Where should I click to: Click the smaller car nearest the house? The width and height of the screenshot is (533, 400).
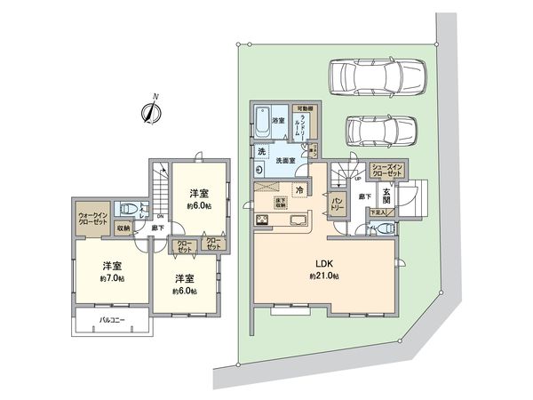[377, 131]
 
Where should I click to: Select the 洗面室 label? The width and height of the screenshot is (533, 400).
[285, 161]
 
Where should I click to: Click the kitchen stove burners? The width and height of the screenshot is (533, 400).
[264, 220]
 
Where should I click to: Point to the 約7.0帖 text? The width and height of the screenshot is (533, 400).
[109, 278]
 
